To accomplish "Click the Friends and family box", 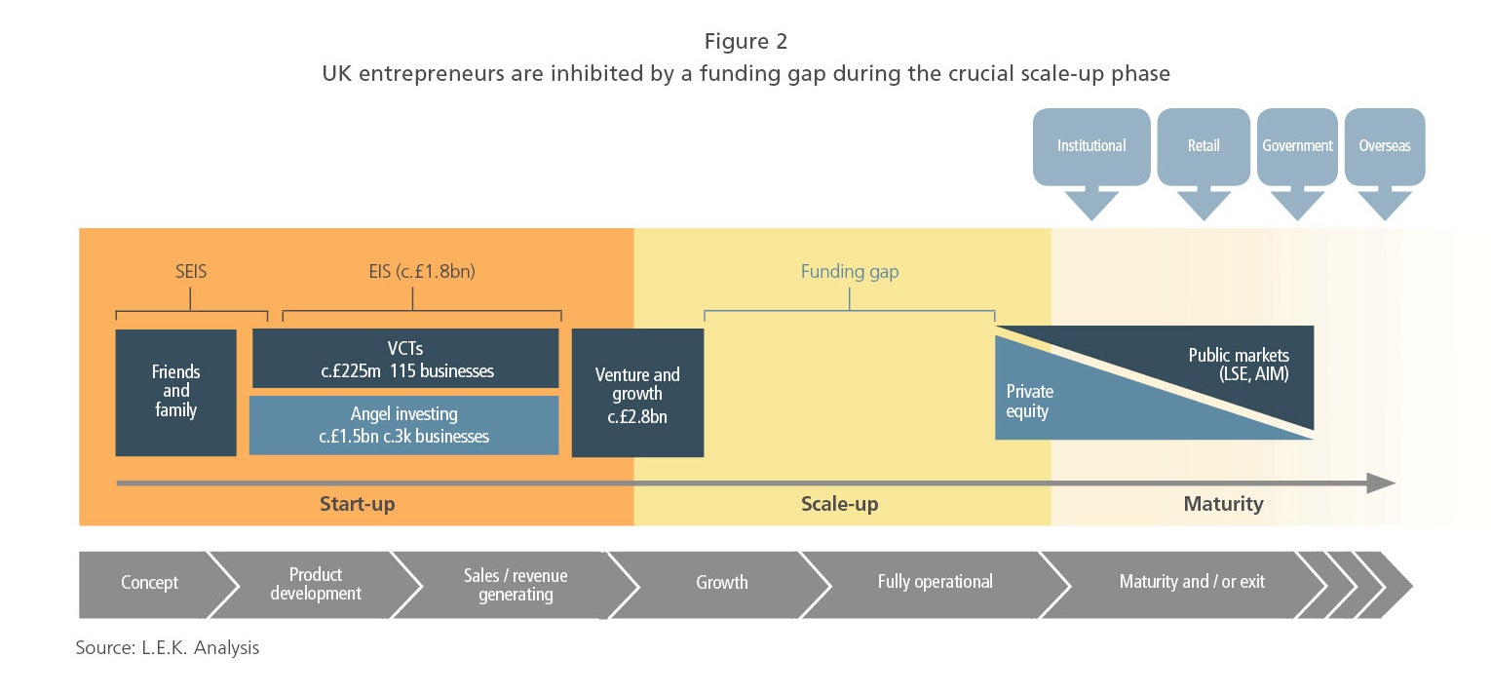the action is [175, 392].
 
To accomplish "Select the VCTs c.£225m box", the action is [405, 359].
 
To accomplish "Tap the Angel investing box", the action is [404, 426].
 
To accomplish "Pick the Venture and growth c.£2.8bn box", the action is [637, 392].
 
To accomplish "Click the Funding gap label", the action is [850, 272].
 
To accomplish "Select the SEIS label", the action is [191, 272].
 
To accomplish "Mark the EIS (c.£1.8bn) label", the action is [422, 272].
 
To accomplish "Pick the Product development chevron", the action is [316, 585].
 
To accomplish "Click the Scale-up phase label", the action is [839, 504].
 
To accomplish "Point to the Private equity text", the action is [1030, 401].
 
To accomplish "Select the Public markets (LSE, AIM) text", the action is [1239, 365].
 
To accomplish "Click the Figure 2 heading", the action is [745, 41].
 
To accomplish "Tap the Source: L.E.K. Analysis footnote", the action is [167, 647].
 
